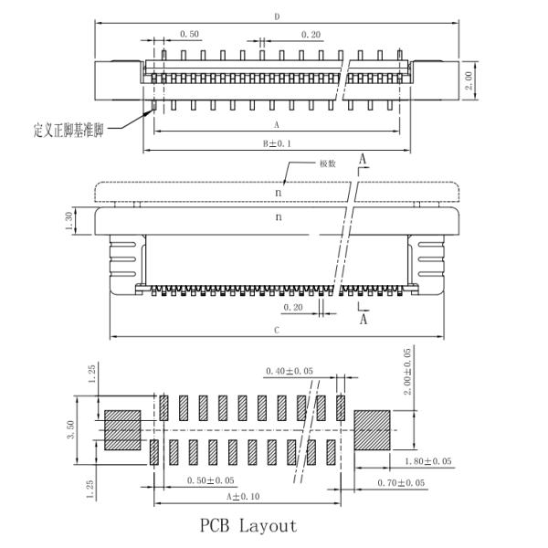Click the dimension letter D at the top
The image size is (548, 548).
(x=277, y=16)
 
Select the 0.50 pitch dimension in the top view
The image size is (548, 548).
(x=189, y=34)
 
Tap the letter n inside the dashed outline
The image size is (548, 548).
(x=279, y=192)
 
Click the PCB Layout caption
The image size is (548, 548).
(x=248, y=526)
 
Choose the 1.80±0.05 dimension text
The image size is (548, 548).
(x=425, y=462)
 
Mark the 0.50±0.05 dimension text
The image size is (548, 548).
(x=209, y=480)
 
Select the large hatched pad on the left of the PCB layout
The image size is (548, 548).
(x=122, y=430)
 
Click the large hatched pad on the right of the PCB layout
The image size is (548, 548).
(x=371, y=430)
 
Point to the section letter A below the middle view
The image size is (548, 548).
(x=363, y=321)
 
